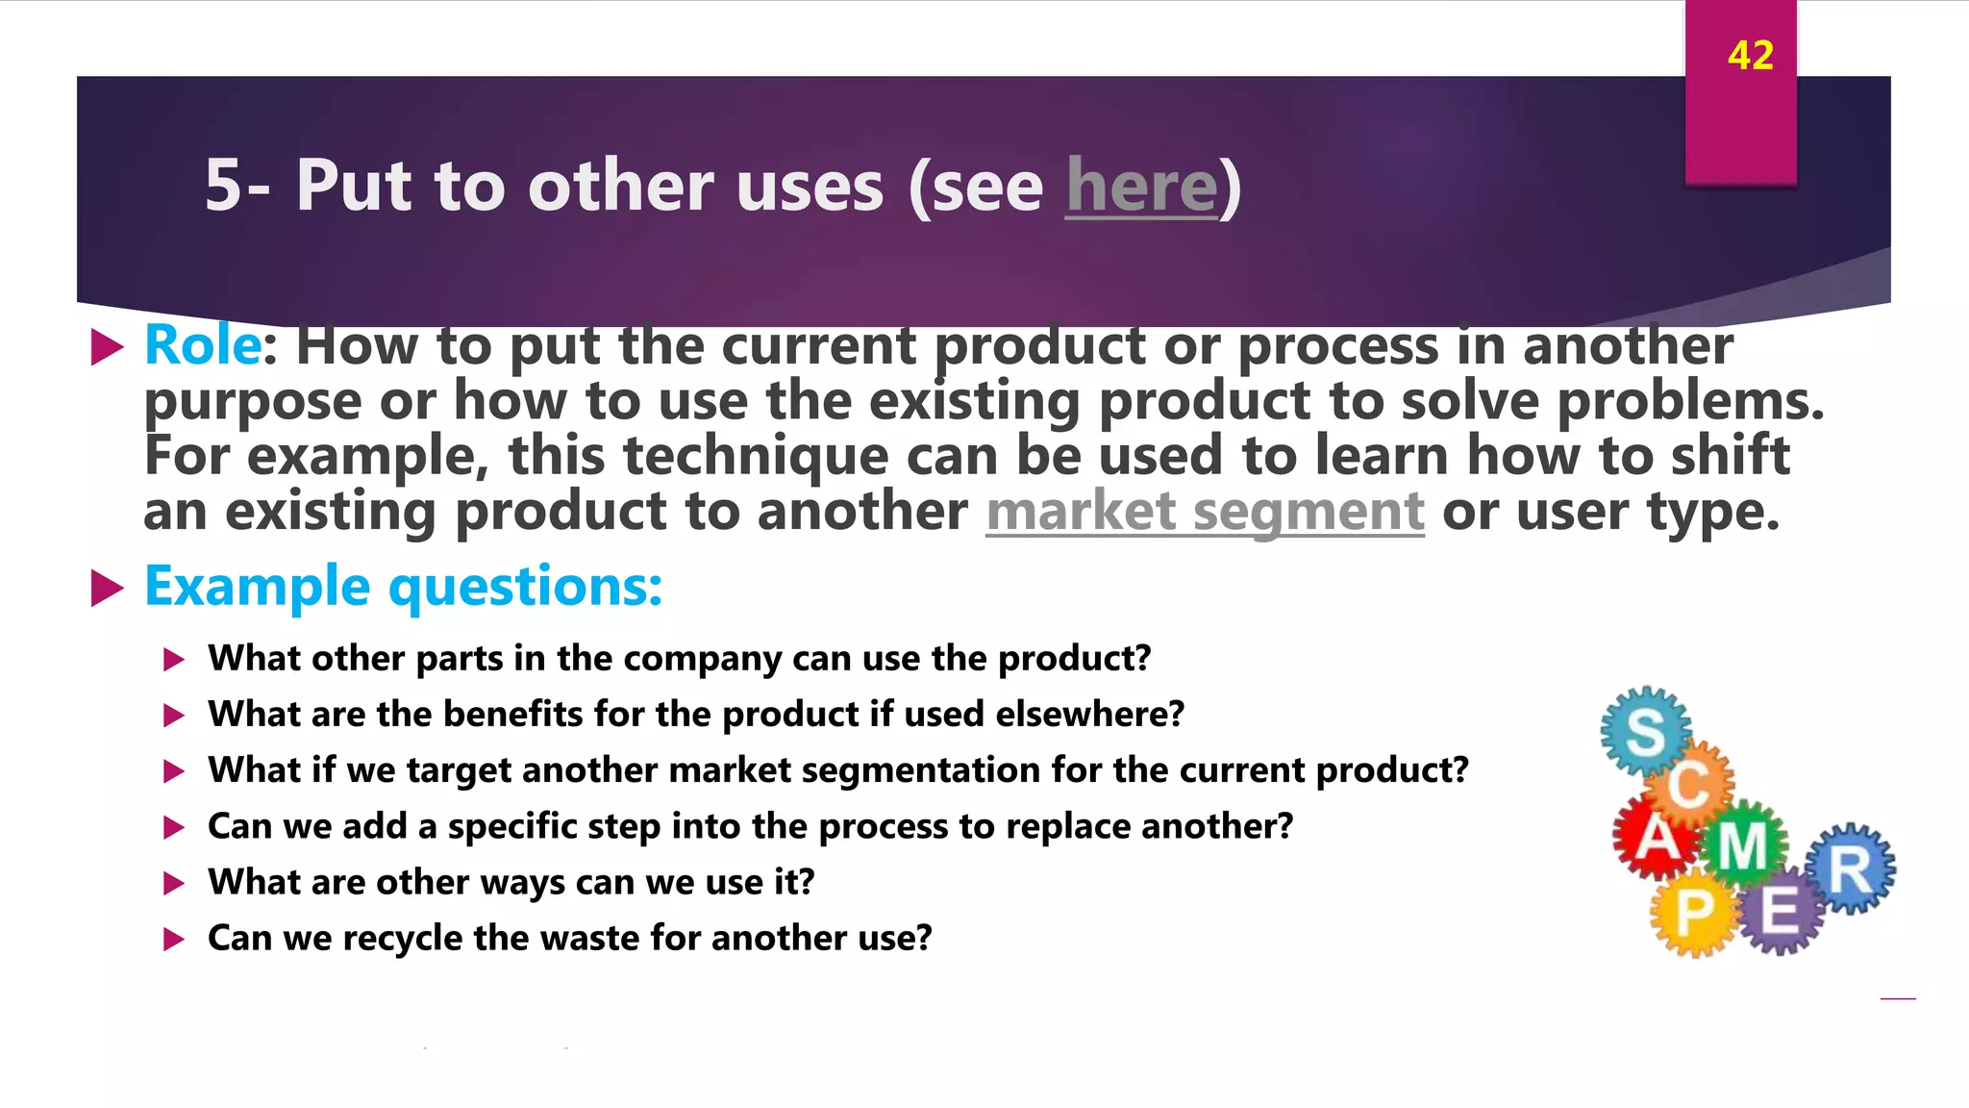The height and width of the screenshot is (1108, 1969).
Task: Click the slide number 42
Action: click(x=1750, y=56)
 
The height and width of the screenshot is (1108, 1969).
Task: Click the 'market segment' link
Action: click(x=1205, y=511)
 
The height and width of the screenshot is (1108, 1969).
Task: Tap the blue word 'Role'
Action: click(x=202, y=345)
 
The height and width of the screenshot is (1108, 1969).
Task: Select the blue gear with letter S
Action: click(x=1645, y=732)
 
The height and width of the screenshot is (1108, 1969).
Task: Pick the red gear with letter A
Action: click(x=1656, y=838)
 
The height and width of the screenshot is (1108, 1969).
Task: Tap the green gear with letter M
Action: click(x=1742, y=845)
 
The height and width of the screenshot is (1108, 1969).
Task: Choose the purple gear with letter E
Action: click(x=1780, y=909)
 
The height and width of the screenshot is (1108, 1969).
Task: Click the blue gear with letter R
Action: click(x=1850, y=869)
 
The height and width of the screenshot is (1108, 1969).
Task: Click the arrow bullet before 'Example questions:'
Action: click(x=107, y=588)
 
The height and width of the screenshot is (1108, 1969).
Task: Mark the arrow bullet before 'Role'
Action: click(x=107, y=347)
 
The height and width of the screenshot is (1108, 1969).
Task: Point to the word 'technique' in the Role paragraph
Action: click(x=756, y=456)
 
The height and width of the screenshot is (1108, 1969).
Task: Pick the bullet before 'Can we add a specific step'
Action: click(x=174, y=827)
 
